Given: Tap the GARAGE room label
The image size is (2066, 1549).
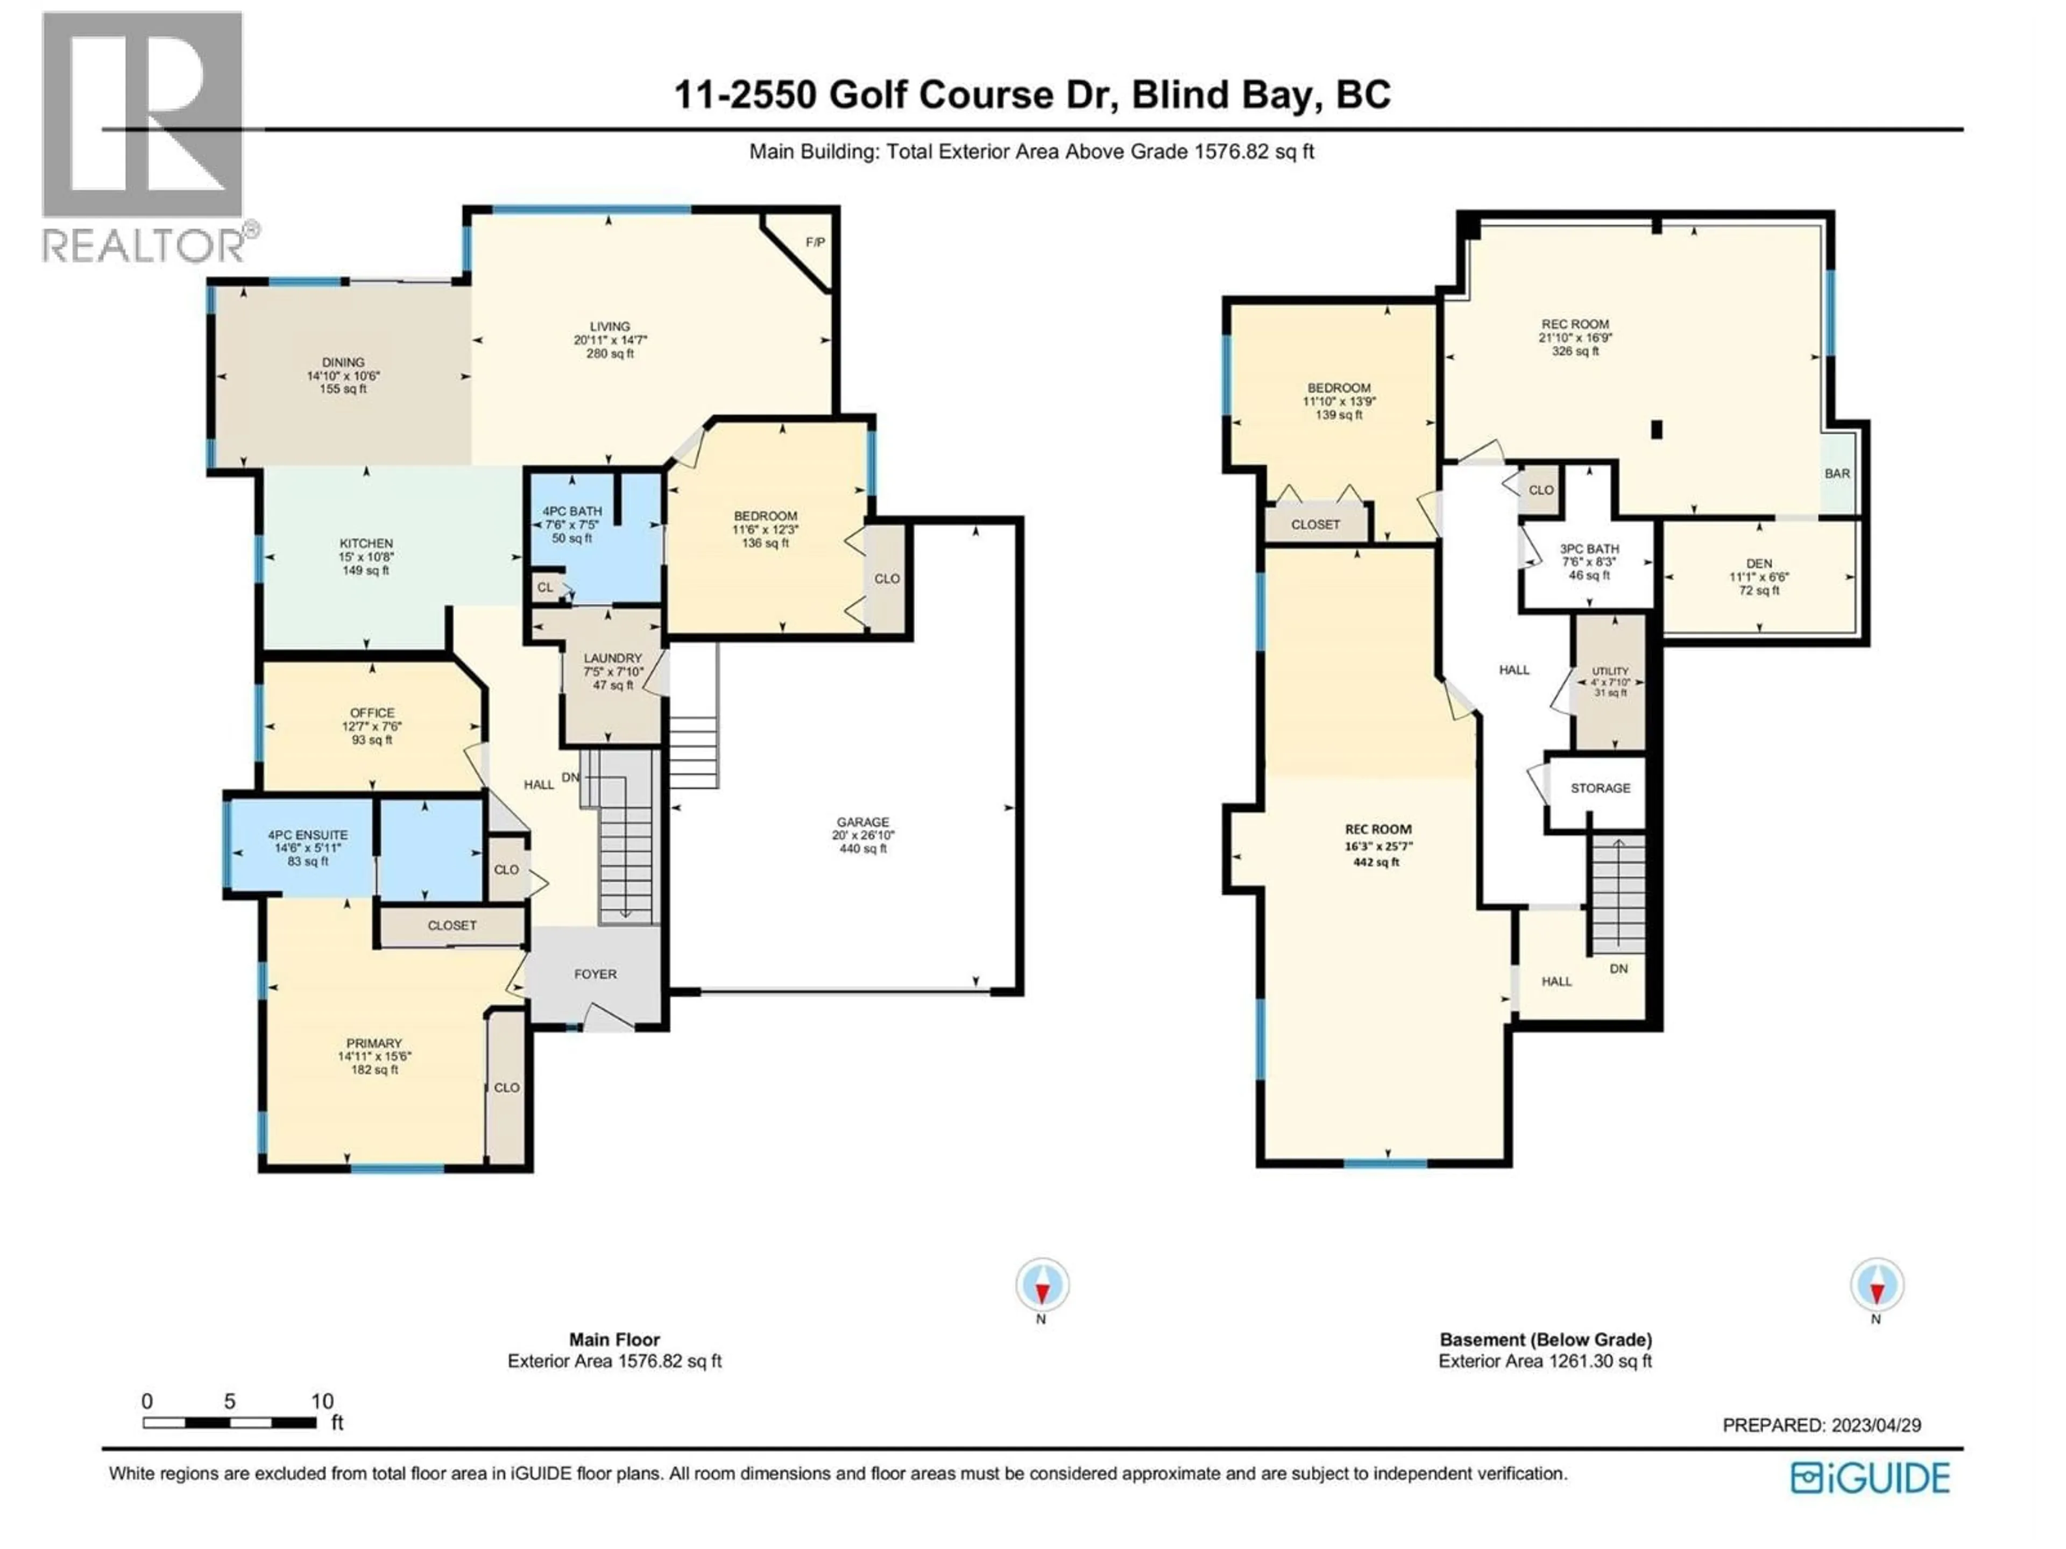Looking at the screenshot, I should (862, 822).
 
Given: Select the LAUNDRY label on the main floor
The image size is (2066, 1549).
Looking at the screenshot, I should (613, 658).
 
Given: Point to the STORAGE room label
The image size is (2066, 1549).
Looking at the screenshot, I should (1600, 788).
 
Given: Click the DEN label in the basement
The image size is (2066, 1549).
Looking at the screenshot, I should (1759, 564).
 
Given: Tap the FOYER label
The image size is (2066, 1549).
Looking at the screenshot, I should (595, 974).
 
